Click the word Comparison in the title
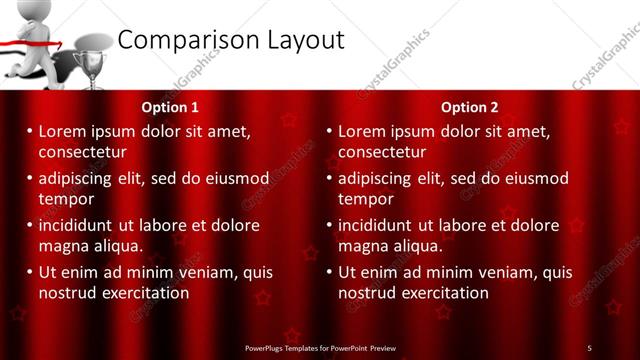click(185, 40)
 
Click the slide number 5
click(590, 348)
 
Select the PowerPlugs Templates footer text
click(320, 348)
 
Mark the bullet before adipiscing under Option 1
click(29, 178)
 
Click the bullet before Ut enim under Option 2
click(329, 272)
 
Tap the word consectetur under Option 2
click(381, 152)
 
